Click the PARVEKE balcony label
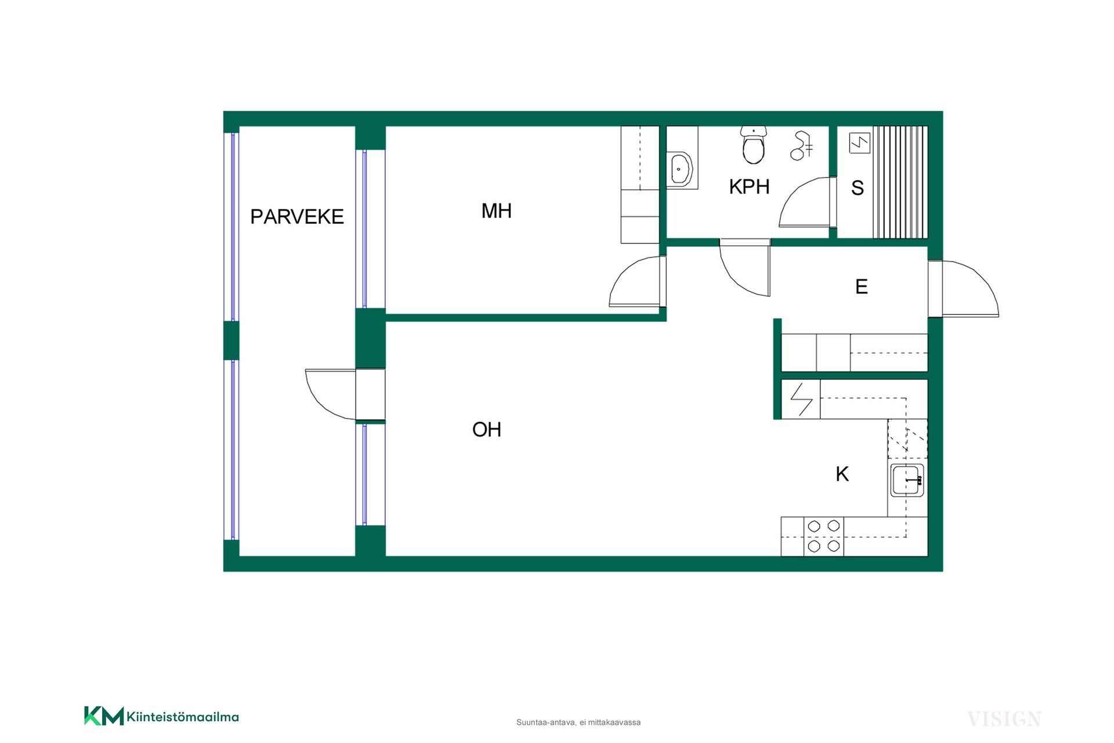click(296, 217)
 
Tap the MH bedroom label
click(497, 211)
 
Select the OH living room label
click(487, 430)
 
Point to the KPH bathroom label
click(749, 187)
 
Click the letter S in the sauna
click(858, 188)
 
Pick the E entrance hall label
click(862, 287)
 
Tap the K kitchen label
click(842, 474)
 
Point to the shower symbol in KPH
click(801, 146)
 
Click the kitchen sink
click(907, 480)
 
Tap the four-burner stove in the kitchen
click(824, 536)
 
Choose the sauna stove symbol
click(859, 143)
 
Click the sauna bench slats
click(900, 182)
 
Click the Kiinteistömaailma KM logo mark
click(104, 716)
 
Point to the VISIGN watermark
click(1004, 719)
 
